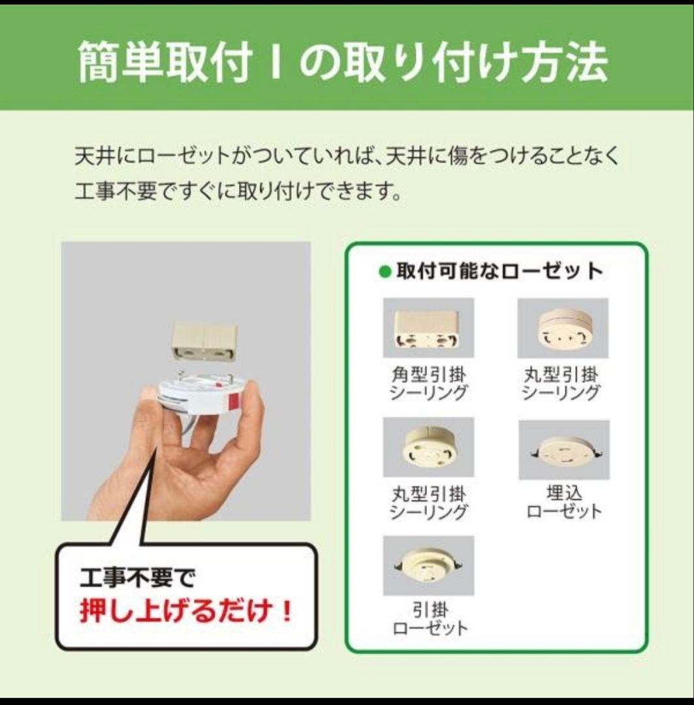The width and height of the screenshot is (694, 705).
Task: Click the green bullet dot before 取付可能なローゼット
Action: (x=385, y=271)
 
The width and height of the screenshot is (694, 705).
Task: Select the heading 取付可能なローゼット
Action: (x=499, y=271)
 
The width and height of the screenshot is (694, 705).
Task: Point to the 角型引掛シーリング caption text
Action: (x=428, y=384)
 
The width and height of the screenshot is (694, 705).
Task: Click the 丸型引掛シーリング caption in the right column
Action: (x=563, y=384)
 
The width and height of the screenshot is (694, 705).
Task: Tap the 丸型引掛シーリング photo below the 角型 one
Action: (x=428, y=447)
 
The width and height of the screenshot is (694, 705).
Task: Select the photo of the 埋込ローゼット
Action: (x=563, y=449)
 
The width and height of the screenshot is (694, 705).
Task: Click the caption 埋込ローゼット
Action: (x=563, y=501)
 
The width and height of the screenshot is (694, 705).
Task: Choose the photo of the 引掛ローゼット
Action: (x=428, y=565)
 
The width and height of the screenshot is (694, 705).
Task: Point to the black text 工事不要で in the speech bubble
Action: (x=137, y=577)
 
